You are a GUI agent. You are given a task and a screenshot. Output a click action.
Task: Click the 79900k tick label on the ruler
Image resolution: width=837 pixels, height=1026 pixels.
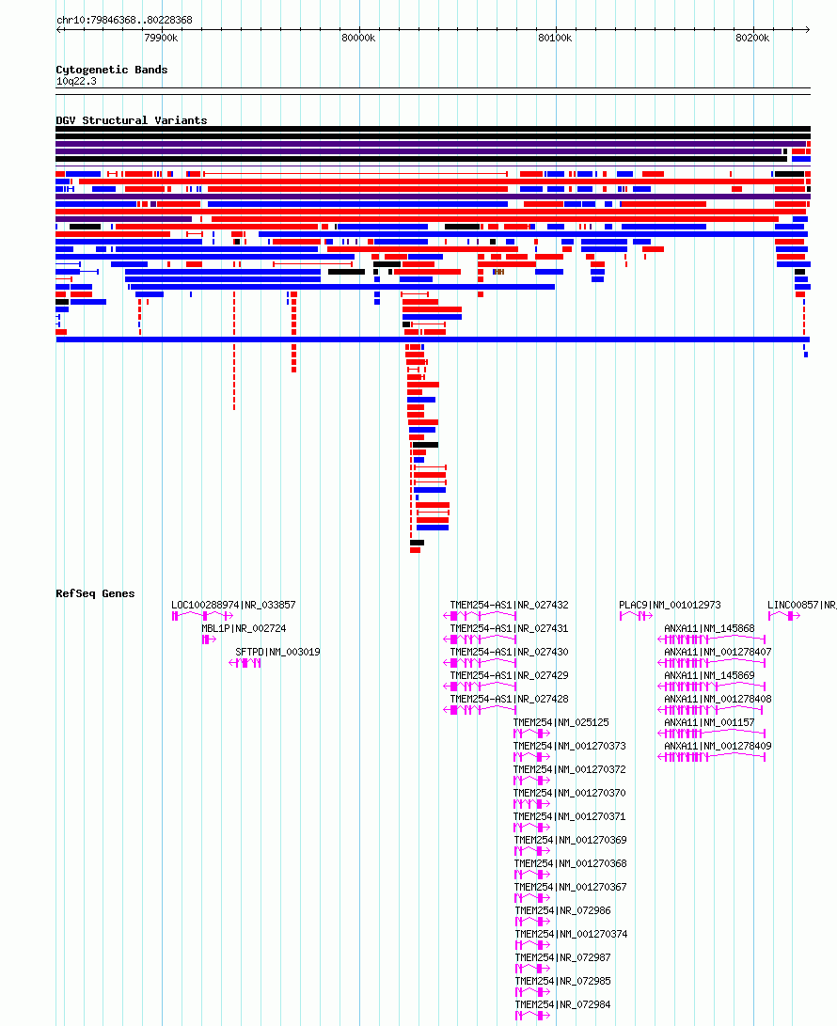(161, 38)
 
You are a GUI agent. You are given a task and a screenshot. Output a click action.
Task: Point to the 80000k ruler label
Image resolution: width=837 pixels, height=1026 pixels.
(358, 38)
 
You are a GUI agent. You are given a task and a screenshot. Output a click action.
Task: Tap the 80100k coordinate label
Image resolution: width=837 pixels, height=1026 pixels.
(555, 38)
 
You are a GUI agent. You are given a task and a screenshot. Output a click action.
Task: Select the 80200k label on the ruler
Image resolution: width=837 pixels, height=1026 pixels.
(752, 38)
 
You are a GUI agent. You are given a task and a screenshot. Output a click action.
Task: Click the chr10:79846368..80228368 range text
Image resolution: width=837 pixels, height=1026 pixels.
(124, 21)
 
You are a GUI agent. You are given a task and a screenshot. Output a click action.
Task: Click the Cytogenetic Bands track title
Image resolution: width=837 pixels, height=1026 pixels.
(112, 70)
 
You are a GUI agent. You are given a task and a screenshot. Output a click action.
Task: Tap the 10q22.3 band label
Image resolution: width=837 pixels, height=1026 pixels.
(76, 81)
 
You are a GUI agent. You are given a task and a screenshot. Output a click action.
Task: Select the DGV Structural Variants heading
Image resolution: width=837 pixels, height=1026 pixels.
(132, 120)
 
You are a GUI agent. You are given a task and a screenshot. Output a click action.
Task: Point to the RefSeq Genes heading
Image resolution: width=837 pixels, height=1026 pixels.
(96, 593)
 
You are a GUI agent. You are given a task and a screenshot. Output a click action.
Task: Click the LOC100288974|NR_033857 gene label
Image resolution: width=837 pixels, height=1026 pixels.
(233, 606)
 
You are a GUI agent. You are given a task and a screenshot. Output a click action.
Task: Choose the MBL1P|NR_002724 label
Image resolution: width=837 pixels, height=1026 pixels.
(245, 629)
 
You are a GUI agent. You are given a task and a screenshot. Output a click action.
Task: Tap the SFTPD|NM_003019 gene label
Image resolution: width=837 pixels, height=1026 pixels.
(278, 653)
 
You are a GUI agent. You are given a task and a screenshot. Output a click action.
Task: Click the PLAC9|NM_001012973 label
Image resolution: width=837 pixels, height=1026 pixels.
(671, 606)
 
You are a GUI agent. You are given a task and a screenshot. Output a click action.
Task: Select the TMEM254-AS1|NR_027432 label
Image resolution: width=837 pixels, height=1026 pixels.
(509, 606)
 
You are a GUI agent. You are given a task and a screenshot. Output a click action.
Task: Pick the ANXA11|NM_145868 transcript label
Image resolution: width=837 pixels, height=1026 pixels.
(709, 629)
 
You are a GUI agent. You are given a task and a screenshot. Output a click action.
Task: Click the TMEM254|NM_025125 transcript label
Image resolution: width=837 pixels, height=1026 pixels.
(561, 722)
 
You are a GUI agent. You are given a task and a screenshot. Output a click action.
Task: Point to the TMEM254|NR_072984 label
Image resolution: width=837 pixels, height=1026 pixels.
(562, 1004)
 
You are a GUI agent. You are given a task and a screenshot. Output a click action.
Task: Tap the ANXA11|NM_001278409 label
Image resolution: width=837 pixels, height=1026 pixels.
(718, 746)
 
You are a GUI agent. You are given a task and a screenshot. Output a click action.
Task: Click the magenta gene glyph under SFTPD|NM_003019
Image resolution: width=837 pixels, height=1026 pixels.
(245, 663)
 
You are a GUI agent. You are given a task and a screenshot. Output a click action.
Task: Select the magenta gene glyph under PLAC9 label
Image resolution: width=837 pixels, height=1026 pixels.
(636, 616)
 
